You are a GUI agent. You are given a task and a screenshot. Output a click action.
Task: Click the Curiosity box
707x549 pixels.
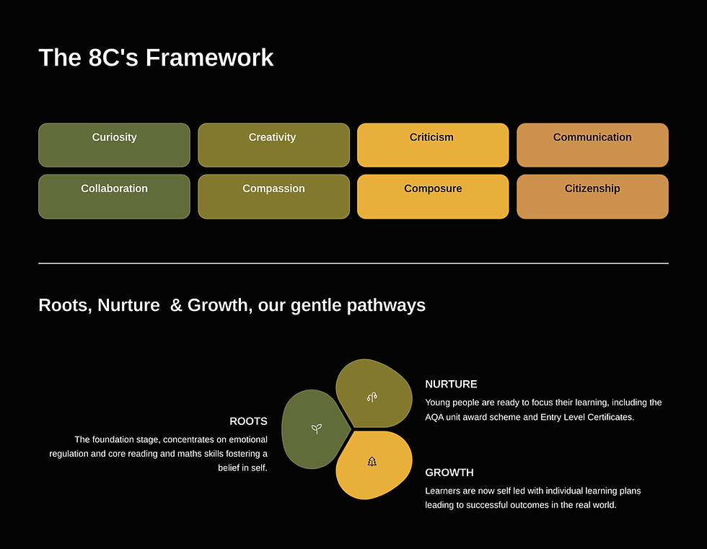tap(114, 145)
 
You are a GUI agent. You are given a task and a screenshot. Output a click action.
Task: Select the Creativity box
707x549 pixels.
tap(273, 145)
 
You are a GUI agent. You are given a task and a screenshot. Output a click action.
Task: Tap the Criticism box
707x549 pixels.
tap(432, 145)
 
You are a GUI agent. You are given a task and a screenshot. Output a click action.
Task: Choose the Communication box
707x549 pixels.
tap(592, 145)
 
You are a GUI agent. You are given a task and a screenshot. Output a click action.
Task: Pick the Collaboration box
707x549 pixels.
tap(114, 196)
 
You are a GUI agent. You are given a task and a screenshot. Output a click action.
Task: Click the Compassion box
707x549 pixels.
tap(273, 196)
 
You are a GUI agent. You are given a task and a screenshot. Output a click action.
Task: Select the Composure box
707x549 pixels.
tap(432, 196)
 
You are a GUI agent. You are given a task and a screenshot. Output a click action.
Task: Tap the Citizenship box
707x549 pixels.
tap(592, 196)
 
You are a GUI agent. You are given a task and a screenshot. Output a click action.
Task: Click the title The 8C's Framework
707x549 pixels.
tap(156, 58)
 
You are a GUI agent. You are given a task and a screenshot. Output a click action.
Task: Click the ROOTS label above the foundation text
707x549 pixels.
tap(248, 421)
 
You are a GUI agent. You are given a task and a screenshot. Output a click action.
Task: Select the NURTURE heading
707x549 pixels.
tap(451, 385)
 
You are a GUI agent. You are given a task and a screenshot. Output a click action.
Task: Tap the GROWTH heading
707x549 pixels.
tap(449, 473)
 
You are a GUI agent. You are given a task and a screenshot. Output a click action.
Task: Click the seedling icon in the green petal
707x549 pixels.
tap(316, 429)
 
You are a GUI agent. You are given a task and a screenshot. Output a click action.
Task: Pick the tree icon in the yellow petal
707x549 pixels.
tap(372, 462)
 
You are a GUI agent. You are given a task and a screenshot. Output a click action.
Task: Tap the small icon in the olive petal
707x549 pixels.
tap(372, 397)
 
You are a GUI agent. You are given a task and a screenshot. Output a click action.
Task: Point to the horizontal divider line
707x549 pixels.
tap(353, 263)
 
